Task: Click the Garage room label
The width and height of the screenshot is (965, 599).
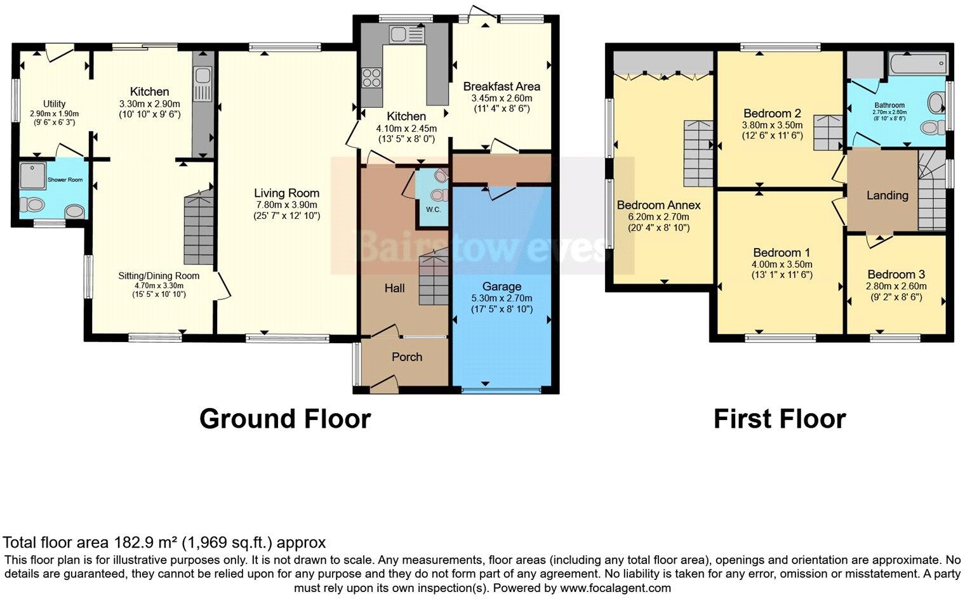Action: pyautogui.click(x=501, y=286)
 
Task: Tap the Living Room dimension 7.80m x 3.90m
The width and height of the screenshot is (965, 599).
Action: pyautogui.click(x=286, y=205)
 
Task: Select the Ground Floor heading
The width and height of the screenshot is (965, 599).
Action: pyautogui.click(x=284, y=419)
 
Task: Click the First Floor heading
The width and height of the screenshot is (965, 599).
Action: pyautogui.click(x=779, y=419)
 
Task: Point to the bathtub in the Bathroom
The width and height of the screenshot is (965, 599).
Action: pyautogui.click(x=917, y=64)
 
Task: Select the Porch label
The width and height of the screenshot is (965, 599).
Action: pyautogui.click(x=407, y=357)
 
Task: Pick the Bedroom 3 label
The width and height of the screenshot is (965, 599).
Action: pyautogui.click(x=896, y=274)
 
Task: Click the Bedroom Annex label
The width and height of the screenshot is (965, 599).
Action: pyautogui.click(x=658, y=205)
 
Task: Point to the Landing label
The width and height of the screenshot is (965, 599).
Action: pyautogui.click(x=887, y=195)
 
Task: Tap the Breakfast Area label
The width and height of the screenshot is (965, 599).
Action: pyautogui.click(x=502, y=86)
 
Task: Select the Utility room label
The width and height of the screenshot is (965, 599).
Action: pyautogui.click(x=54, y=104)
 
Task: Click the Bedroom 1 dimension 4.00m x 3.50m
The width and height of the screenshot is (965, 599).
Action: pyautogui.click(x=782, y=265)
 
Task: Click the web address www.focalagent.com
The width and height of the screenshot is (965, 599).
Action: pyautogui.click(x=615, y=588)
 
